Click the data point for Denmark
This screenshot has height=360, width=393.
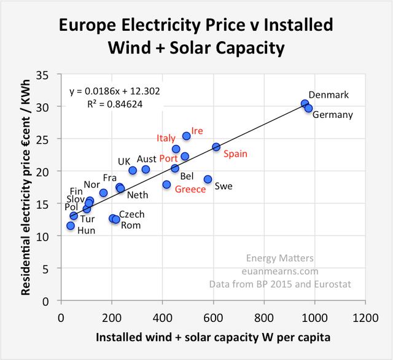pyautogui.click(x=305, y=104)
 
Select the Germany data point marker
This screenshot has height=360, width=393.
pyautogui.click(x=309, y=108)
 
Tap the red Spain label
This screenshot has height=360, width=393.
pyautogui.click(x=235, y=154)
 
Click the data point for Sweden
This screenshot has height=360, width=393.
pyautogui.click(x=208, y=179)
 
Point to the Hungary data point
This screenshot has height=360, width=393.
pyautogui.click(x=71, y=226)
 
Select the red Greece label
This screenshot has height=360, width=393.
pyautogui.click(x=190, y=189)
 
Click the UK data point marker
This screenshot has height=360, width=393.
pyautogui.click(x=133, y=170)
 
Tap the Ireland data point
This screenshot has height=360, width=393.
pyautogui.click(x=187, y=136)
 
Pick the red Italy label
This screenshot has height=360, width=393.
pyautogui.click(x=166, y=138)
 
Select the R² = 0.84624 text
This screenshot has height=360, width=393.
pyautogui.click(x=115, y=104)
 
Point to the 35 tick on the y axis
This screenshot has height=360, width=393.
pyautogui.click(x=49, y=75)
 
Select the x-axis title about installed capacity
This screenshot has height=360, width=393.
pyautogui.click(x=213, y=338)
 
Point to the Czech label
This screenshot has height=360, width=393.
pyautogui.click(x=131, y=214)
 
